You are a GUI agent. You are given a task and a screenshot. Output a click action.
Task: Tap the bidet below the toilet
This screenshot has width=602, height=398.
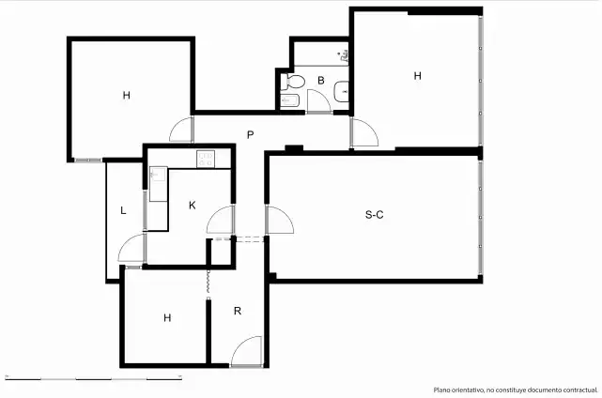289,100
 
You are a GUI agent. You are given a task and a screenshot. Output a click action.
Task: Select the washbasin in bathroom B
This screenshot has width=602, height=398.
341,92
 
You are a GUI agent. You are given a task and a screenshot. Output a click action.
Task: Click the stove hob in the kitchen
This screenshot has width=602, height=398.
206,159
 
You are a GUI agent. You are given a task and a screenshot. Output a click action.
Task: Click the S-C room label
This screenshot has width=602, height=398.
374,215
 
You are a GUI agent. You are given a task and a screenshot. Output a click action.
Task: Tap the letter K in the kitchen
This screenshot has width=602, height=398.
192,206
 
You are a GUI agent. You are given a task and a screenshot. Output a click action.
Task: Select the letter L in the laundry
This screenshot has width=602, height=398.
123,210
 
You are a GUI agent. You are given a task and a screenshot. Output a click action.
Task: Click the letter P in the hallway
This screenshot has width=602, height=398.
250,135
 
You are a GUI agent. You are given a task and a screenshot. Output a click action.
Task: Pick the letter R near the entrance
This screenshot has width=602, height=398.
238,311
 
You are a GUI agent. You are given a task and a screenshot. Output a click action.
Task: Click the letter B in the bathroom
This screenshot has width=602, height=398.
321,80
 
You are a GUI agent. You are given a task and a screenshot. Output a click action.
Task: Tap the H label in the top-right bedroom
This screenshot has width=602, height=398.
417,76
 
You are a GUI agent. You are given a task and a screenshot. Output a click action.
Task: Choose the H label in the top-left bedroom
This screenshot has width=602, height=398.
126,95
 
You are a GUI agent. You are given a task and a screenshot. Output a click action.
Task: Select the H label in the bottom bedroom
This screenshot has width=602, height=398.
167,318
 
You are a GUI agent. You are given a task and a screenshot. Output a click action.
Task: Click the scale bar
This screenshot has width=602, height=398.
93,379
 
